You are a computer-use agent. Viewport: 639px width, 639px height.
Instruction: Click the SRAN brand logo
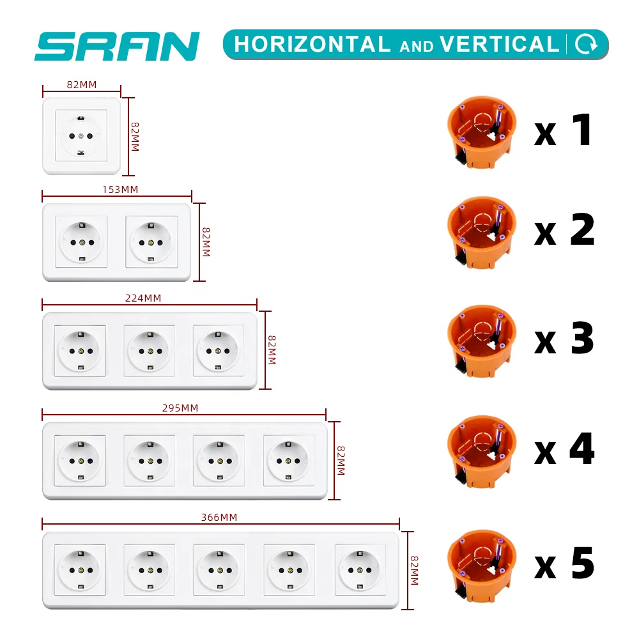point(117,46)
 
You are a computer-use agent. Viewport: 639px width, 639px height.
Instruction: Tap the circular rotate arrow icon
point(586,44)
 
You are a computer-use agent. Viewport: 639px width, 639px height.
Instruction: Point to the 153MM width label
point(121,189)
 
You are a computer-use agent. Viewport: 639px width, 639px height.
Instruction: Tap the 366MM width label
point(219,517)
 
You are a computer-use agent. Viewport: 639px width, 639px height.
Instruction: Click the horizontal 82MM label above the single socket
point(82,84)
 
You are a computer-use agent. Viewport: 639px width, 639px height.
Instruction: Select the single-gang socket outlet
point(81,135)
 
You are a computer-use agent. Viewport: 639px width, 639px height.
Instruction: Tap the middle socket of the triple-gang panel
point(149,351)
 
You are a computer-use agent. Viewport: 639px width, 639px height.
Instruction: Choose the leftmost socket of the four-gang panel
point(80,460)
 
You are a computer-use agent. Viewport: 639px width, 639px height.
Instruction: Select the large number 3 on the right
point(582,339)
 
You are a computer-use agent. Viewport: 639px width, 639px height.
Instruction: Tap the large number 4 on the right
point(582,449)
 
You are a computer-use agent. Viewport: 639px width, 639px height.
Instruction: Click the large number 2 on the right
point(582,231)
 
